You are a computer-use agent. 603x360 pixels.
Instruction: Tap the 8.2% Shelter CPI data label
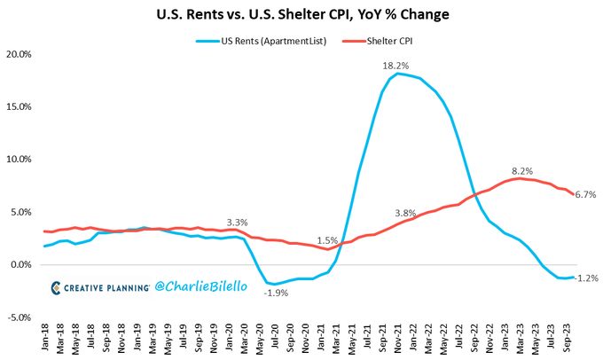pos(522,169)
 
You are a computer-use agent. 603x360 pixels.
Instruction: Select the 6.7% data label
pos(584,194)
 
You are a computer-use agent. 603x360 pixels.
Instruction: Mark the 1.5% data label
pos(327,240)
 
